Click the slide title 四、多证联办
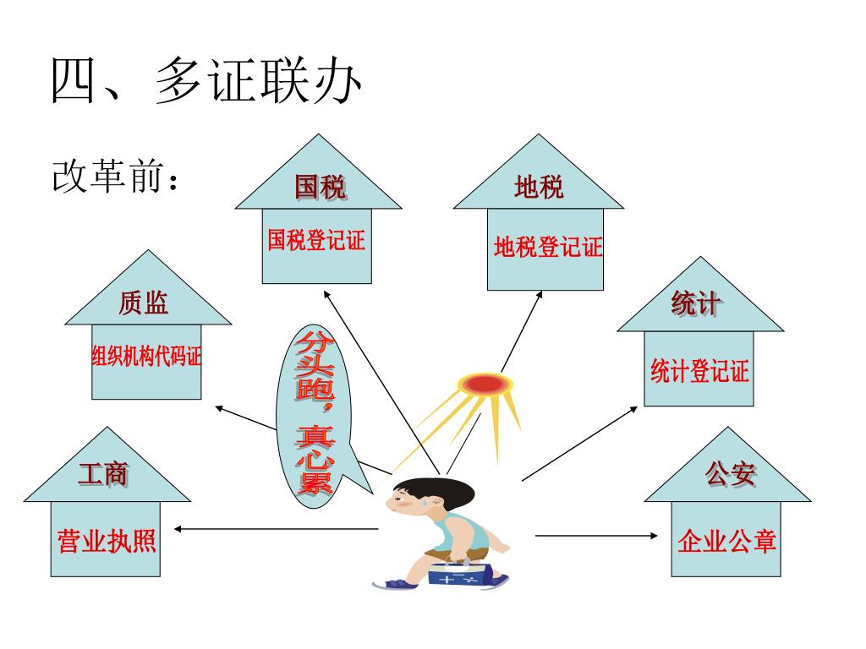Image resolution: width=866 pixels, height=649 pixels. (x=207, y=83)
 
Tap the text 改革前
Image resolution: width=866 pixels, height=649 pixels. (x=114, y=178)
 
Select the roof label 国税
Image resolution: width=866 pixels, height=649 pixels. (x=319, y=187)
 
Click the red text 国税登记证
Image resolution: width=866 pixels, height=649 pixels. (x=316, y=241)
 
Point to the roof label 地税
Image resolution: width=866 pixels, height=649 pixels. (x=539, y=187)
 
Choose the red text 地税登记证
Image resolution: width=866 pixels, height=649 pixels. (x=548, y=248)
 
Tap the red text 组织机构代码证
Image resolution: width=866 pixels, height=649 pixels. (x=146, y=357)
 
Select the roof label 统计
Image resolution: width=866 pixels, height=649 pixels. (x=696, y=304)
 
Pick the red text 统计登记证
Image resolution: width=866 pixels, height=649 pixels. (x=699, y=370)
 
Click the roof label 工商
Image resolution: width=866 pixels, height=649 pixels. (x=103, y=473)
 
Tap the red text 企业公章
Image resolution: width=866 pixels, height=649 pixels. (x=726, y=542)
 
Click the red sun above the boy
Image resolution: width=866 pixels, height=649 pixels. (x=484, y=384)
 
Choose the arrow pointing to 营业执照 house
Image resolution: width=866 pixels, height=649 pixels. (x=275, y=529)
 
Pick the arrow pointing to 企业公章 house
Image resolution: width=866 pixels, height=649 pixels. (x=596, y=535)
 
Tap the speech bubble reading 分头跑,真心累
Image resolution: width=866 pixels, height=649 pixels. (x=315, y=414)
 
